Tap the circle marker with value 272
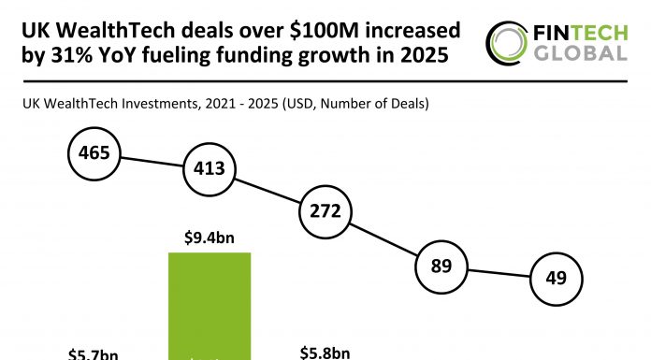(x=324, y=211)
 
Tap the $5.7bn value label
(x=93, y=353)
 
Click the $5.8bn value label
(x=325, y=353)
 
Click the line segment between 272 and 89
(x=382, y=238)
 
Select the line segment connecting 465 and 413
(x=152, y=161)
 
